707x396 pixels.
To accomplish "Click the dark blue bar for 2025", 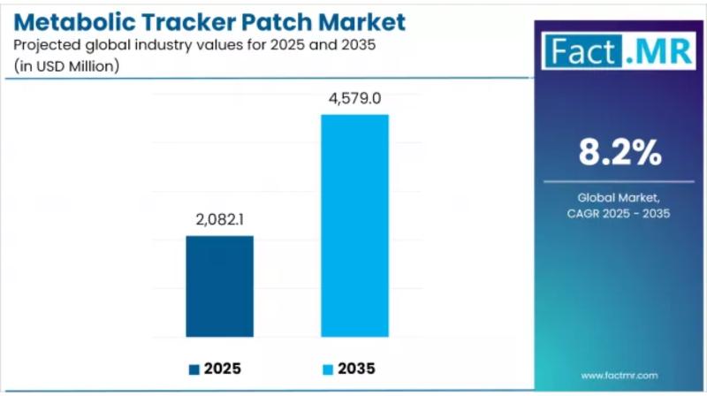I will pyautogui.click(x=219, y=286).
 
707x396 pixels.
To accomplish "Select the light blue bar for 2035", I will pyautogui.click(x=354, y=225).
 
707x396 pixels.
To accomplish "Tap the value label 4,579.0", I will pyautogui.click(x=354, y=98).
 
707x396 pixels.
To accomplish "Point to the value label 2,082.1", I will pyautogui.click(x=219, y=218).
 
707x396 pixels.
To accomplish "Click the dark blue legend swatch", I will pyautogui.click(x=194, y=369).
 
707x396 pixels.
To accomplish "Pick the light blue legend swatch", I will pyautogui.click(x=327, y=369).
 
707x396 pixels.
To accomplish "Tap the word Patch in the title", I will pyautogui.click(x=283, y=21).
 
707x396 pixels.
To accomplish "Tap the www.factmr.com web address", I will pyautogui.click(x=620, y=375).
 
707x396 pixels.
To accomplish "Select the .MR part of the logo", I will pyautogui.click(x=658, y=51).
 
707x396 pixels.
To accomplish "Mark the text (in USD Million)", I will pyautogui.click(x=67, y=66).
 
